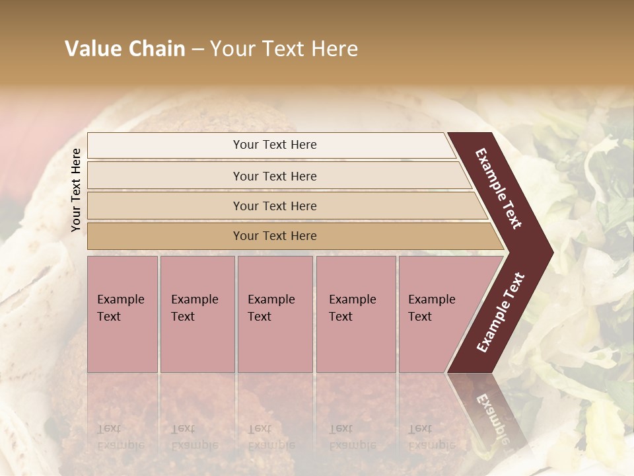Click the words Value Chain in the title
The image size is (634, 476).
pos(125,49)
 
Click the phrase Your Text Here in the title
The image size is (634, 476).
pos(284,49)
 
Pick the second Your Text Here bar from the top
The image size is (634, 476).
pos(275,176)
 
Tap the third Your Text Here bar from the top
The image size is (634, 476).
pos(275,206)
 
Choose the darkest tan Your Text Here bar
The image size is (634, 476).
pos(275,236)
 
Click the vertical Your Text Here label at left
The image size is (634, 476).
pos(76,190)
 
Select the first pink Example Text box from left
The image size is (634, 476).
pos(122,314)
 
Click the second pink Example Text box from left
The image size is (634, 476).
pos(197,314)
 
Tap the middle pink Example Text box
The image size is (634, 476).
pos(275,314)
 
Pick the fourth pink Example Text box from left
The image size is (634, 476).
pos(355,314)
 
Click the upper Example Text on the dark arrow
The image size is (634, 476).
pos(499,188)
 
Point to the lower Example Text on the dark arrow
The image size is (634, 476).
pos(501,312)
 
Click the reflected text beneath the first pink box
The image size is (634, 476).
pos(120,436)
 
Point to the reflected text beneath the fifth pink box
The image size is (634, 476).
pos(431,436)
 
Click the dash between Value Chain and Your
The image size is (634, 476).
pos(197,50)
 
